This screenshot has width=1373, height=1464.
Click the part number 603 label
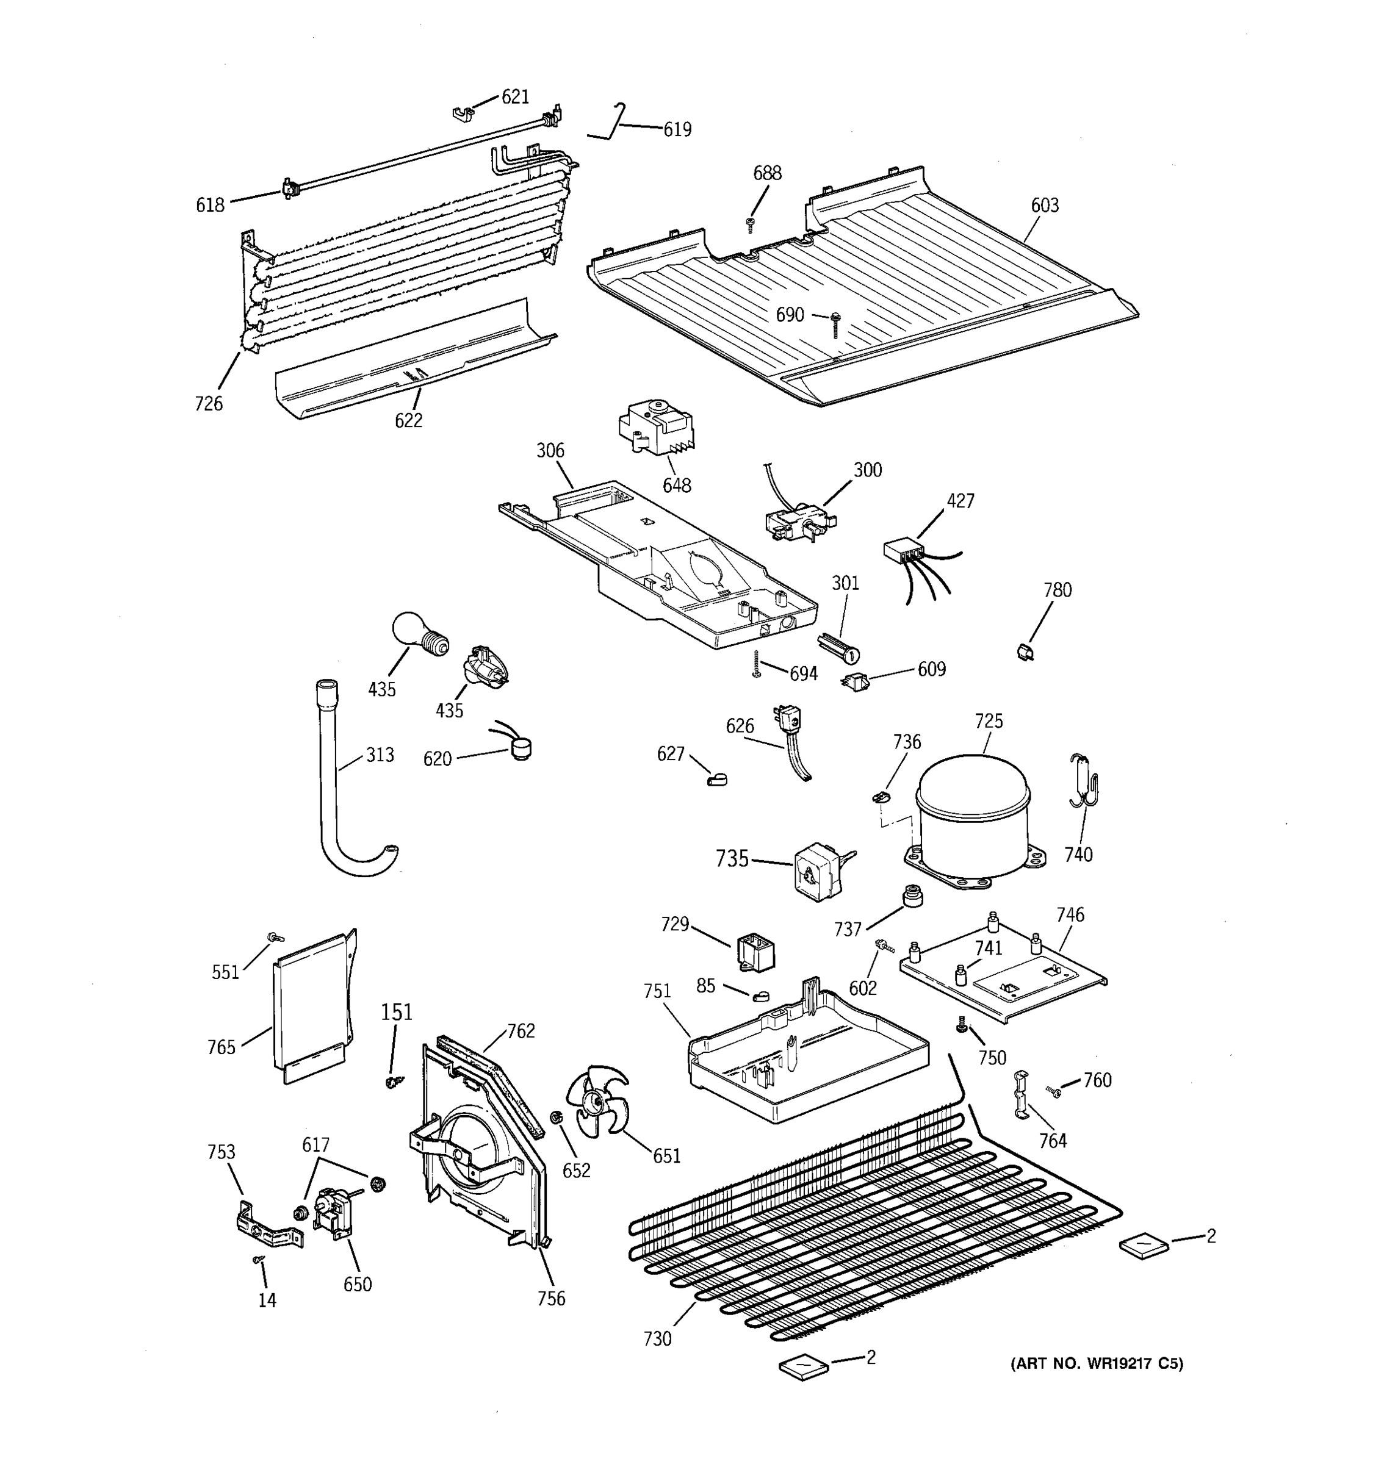pos(1043,206)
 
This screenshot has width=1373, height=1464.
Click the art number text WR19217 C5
pos(1096,1364)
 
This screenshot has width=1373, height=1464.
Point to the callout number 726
pos(209,404)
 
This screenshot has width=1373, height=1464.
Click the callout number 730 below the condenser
pos(657,1339)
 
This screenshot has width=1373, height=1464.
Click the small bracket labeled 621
pos(461,113)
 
